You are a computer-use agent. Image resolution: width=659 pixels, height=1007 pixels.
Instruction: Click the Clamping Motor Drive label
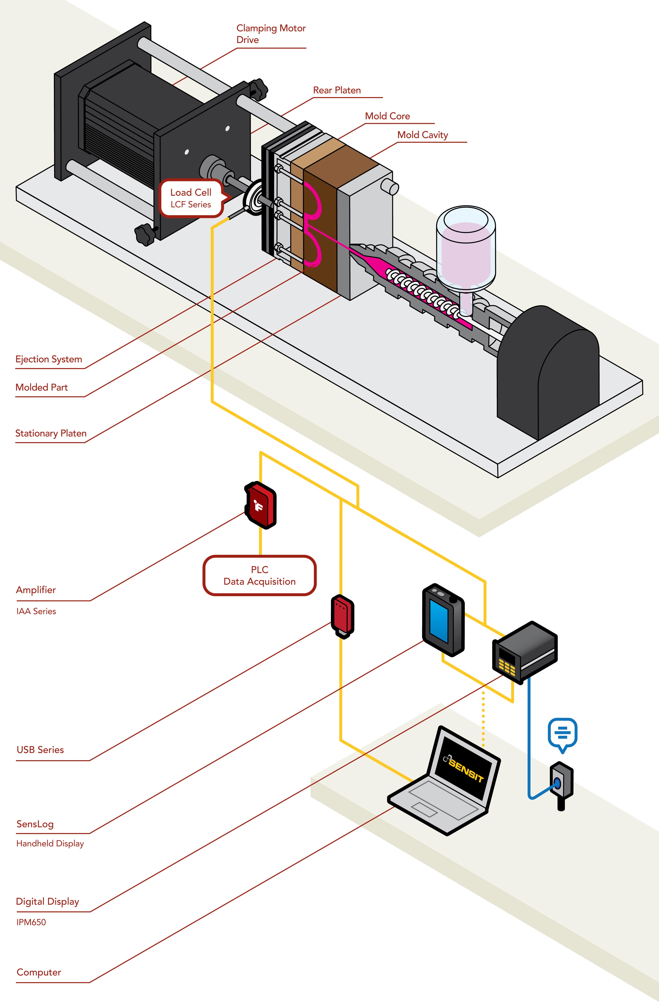coord(271,34)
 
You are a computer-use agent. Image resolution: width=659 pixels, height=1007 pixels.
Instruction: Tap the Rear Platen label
coord(337,90)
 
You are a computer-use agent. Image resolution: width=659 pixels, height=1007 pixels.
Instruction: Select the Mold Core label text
coord(387,116)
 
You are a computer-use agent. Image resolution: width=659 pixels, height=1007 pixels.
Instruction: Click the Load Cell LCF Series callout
coord(191,198)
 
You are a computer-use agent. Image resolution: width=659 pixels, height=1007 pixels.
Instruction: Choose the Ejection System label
coord(49,359)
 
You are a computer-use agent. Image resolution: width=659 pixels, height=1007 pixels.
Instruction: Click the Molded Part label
coord(41,387)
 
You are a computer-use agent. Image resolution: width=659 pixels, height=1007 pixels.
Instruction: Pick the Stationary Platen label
coord(51,433)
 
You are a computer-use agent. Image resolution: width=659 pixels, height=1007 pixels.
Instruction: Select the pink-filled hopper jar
coord(466,250)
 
